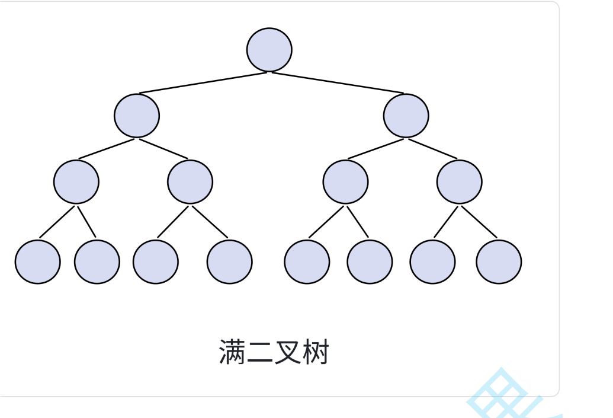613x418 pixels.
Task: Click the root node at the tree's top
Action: point(269,50)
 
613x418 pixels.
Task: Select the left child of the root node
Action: point(137,116)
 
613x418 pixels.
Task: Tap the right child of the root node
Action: point(406,116)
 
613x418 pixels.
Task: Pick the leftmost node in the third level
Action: point(76,181)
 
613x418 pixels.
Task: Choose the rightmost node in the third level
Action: point(460,181)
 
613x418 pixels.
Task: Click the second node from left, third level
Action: point(190,181)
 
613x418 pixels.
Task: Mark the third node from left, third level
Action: point(346,181)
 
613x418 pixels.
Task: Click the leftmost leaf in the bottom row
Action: point(38,261)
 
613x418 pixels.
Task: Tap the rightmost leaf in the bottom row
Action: point(499,261)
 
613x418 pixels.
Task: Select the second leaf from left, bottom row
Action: point(97,261)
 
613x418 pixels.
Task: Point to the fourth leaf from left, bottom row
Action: point(230,261)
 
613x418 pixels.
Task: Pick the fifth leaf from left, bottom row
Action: point(307,261)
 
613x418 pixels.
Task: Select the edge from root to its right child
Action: point(338,83)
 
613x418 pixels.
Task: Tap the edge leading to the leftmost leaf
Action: point(57,222)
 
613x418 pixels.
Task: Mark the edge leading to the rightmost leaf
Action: point(479,222)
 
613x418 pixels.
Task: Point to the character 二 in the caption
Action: point(259,352)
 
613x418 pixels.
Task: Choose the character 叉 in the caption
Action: point(287,352)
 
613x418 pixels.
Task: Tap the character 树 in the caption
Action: point(314,352)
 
